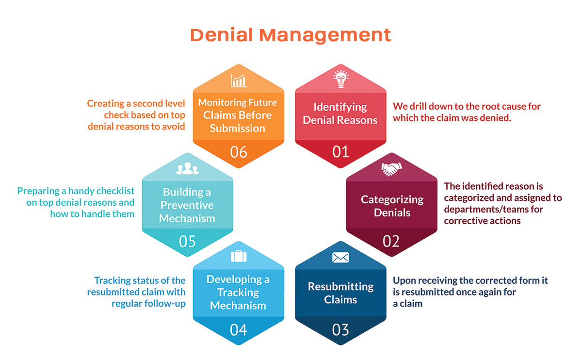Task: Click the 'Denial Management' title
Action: click(x=291, y=35)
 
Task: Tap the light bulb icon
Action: click(x=340, y=79)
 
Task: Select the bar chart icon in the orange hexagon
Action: click(x=239, y=81)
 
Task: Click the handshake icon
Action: click(x=391, y=169)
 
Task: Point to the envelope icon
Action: click(x=340, y=257)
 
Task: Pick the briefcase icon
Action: click(x=239, y=256)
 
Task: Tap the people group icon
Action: click(x=187, y=168)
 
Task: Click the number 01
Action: click(x=340, y=152)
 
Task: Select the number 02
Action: click(x=391, y=241)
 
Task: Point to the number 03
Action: click(x=340, y=330)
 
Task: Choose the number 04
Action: click(x=239, y=330)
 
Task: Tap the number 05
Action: click(x=187, y=241)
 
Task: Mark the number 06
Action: click(x=239, y=152)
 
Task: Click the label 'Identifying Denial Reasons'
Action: click(x=340, y=114)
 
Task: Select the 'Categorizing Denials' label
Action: click(x=392, y=206)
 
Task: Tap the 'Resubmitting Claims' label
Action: click(x=340, y=293)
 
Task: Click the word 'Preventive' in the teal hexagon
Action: click(x=187, y=205)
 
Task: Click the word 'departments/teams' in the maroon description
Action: click(x=484, y=210)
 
